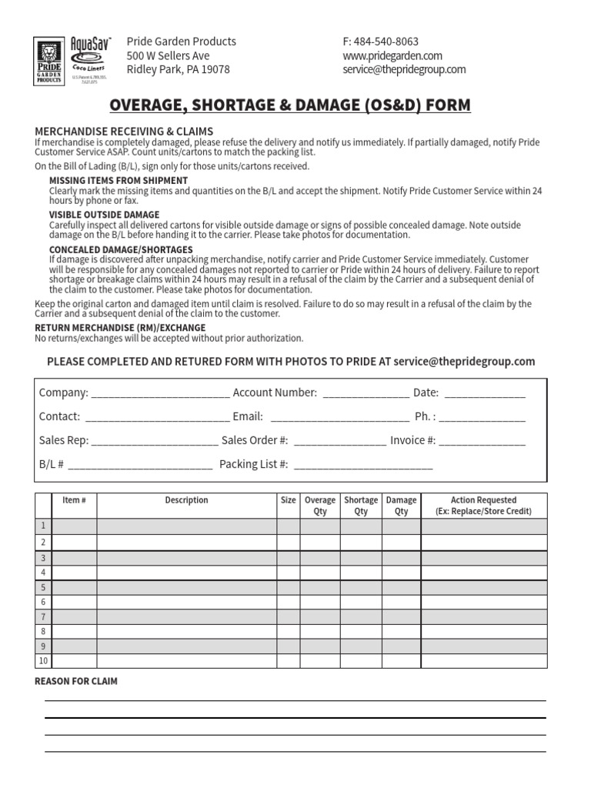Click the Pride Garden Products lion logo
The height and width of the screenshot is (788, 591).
pos(49,61)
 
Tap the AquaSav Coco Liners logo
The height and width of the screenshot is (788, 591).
pos(91,56)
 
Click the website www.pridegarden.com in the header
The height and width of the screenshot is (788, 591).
pos(392,55)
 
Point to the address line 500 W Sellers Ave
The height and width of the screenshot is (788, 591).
pos(168,55)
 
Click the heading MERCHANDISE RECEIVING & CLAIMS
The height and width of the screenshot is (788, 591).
pos(124,132)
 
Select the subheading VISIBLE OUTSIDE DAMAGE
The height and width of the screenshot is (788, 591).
pos(105,215)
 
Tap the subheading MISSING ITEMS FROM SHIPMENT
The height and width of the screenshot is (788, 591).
pos(119,181)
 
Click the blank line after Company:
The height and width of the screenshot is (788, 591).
pos(160,394)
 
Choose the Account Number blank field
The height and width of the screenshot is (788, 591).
pos(366,394)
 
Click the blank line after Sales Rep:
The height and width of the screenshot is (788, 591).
pos(155,442)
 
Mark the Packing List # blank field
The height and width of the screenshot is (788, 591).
pos(363,466)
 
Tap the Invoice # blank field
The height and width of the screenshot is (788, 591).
pos(482,442)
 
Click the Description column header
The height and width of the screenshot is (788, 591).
pos(186,500)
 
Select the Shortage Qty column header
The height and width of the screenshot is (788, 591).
pos(361,506)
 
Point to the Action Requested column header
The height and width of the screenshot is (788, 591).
pos(483,506)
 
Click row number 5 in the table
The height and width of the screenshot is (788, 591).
pos(43,587)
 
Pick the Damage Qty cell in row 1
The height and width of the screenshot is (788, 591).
pos(401,526)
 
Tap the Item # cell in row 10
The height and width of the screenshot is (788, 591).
pos(74,661)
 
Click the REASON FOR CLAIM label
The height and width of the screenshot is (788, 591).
pos(77,682)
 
